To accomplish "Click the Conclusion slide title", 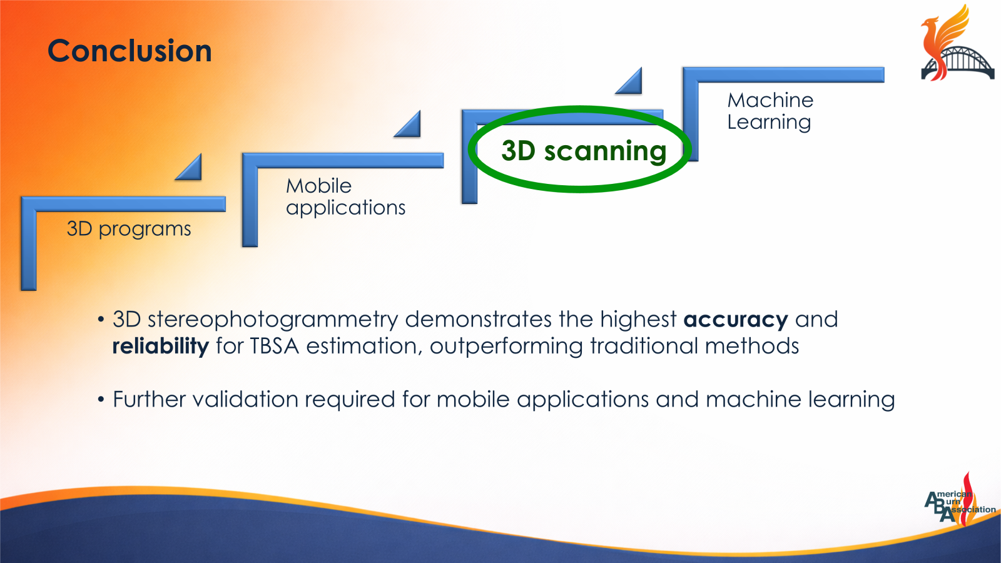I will [130, 51].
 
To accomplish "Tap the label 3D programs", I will [128, 229].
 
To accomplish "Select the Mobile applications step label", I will [345, 196].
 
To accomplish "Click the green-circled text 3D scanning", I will [583, 151].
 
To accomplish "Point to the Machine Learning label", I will [770, 111].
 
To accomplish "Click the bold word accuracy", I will [735, 320].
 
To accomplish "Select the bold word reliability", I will [160, 346].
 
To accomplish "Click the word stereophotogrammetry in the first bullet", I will [272, 320].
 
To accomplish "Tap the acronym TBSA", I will [274, 346].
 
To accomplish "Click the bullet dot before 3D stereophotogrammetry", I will [101, 320].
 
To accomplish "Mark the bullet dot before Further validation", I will [101, 400].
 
